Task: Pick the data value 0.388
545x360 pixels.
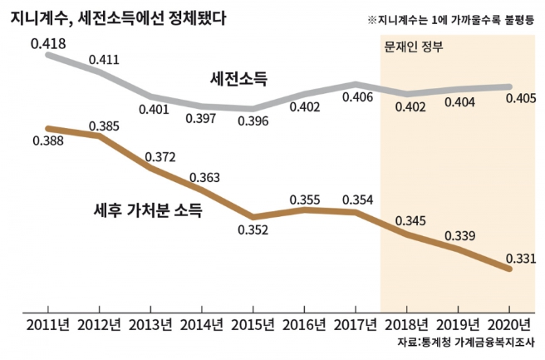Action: tap(48, 142)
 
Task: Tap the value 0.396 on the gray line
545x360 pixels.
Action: tap(253, 121)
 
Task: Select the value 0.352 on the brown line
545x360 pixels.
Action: tap(253, 231)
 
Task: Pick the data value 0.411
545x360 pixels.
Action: tap(104, 60)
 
